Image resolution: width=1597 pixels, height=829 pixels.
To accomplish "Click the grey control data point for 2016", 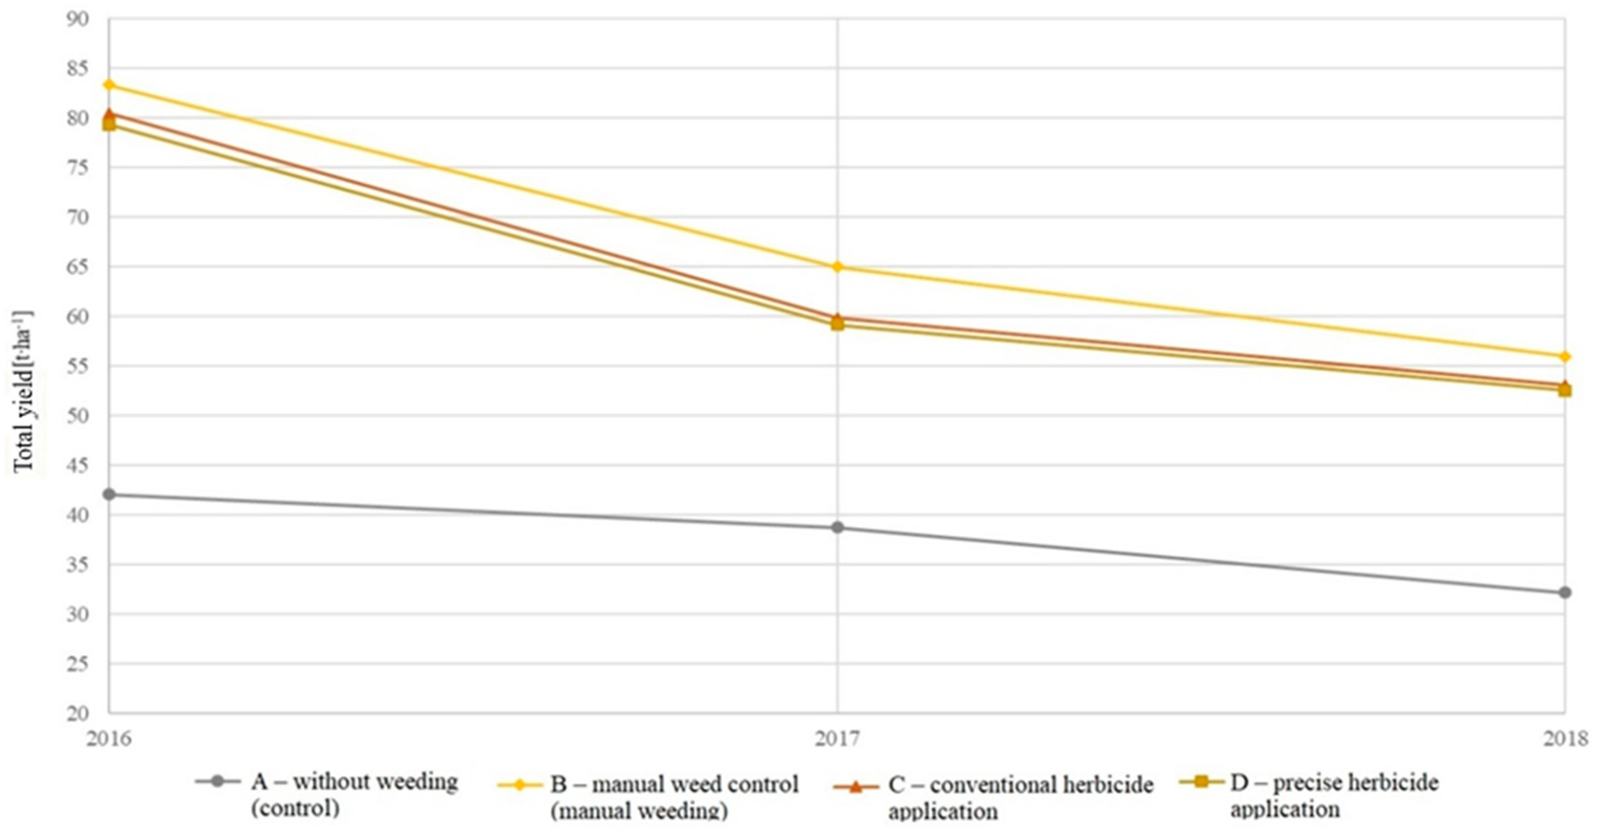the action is click(x=109, y=494).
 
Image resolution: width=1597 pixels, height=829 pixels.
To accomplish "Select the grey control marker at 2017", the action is click(x=838, y=528).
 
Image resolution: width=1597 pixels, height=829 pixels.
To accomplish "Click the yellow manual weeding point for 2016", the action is click(x=109, y=84).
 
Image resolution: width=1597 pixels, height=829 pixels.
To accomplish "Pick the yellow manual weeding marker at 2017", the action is click(x=838, y=267).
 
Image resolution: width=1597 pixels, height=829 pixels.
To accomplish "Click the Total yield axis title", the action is click(x=23, y=391).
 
